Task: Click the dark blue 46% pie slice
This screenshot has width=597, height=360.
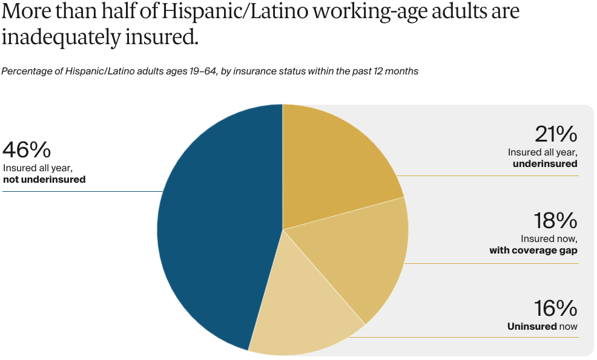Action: point(218,230)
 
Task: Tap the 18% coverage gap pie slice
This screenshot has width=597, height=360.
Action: point(357,254)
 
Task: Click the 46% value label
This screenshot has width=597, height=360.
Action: point(27,149)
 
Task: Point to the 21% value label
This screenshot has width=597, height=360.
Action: point(556,134)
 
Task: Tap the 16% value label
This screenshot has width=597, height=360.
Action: point(556,309)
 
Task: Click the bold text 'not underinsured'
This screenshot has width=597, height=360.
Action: point(44,180)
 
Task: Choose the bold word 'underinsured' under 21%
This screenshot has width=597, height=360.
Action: point(545,164)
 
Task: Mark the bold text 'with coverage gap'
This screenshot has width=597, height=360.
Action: point(533,250)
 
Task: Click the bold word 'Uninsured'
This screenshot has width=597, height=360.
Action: point(532,327)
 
